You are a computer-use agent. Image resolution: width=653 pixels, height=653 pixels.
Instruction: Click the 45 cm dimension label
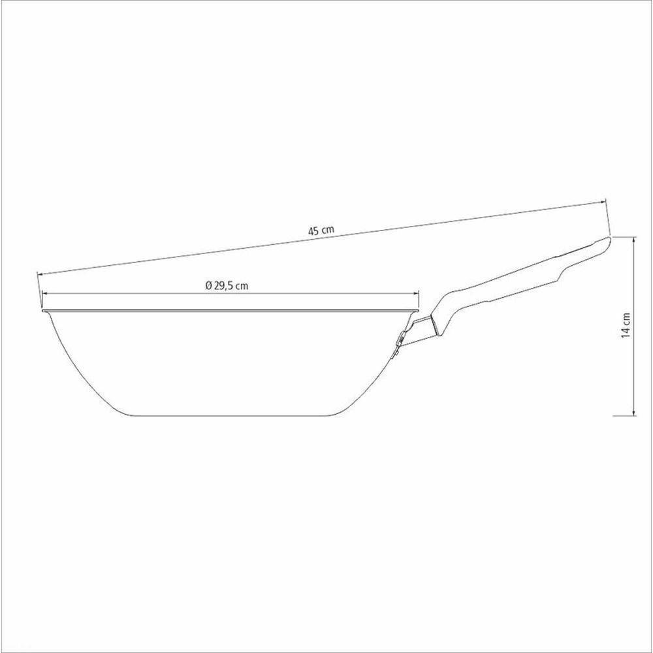[x=321, y=231]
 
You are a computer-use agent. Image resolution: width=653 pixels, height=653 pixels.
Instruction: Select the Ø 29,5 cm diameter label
[x=227, y=286]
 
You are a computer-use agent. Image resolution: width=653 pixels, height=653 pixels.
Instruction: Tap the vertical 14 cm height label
[x=626, y=325]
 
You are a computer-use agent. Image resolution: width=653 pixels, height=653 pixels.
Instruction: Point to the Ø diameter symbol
[x=209, y=286]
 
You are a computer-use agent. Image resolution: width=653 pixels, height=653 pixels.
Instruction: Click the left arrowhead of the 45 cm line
[x=40, y=274]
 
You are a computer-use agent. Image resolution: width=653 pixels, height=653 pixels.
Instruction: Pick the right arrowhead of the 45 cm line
[x=602, y=202]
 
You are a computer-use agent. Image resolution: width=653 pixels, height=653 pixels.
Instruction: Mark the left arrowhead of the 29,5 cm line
[x=45, y=294]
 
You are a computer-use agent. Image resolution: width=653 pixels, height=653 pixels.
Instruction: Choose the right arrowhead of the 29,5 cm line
[x=416, y=294]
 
